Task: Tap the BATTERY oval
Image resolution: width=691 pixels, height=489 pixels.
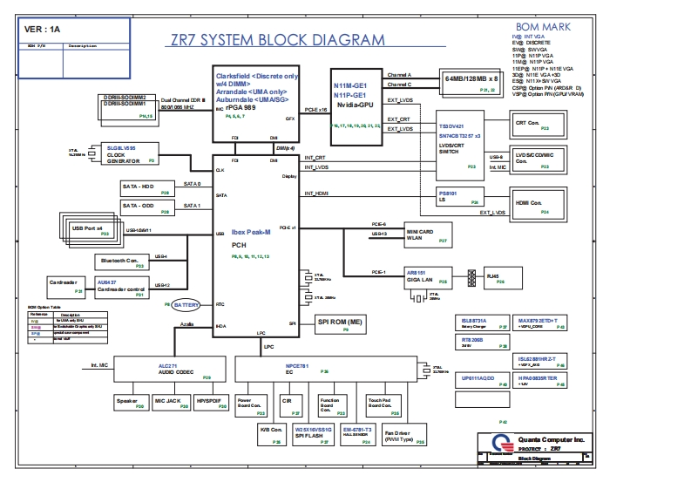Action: (186, 305)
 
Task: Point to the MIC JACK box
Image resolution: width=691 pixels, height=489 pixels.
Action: (167, 403)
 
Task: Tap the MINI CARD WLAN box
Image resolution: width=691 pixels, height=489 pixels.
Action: (429, 234)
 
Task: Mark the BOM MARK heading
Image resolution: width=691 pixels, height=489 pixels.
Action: (543, 28)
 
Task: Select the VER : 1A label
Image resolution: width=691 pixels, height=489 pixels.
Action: (43, 29)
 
